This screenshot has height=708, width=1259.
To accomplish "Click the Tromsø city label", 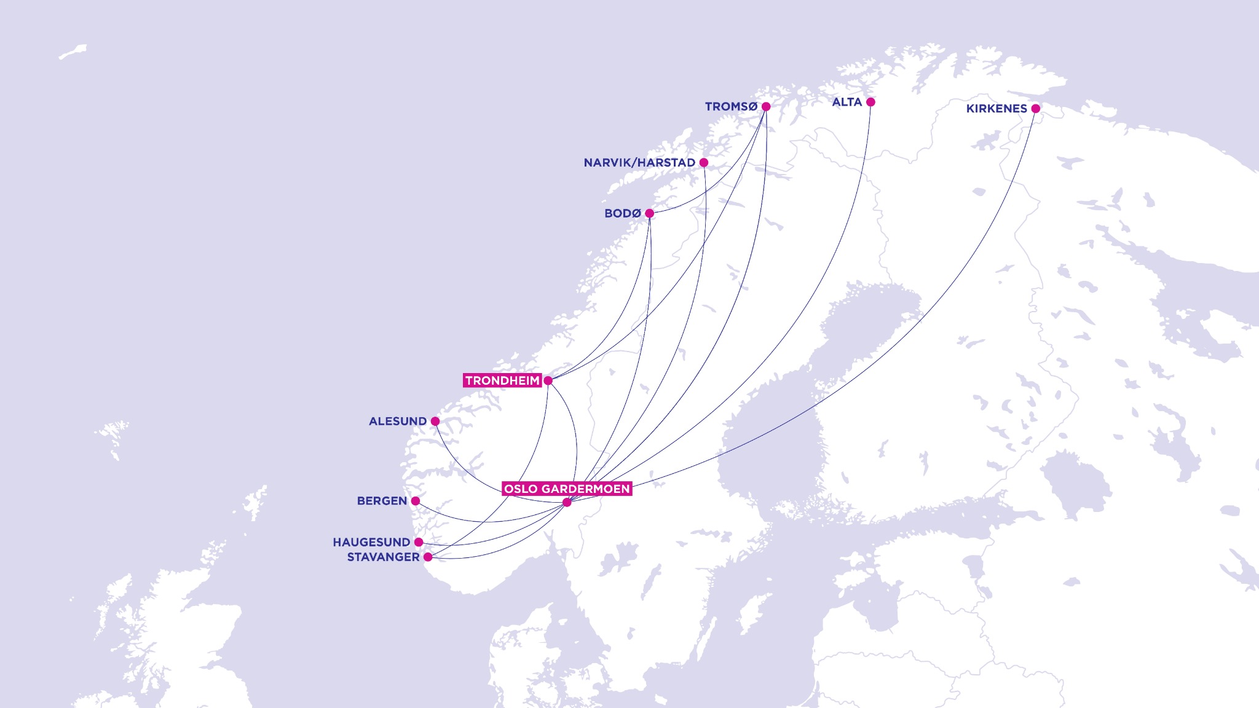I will [731, 107].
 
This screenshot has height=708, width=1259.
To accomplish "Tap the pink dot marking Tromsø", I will [766, 106].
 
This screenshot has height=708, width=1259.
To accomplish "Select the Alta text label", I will [847, 102].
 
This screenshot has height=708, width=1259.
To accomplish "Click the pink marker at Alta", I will [870, 102].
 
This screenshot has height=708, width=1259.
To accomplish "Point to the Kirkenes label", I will [996, 109].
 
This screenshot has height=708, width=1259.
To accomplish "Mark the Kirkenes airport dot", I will [1035, 109].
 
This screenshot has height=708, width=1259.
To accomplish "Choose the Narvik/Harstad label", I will [639, 163].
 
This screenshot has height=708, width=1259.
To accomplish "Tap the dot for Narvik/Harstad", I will [704, 163].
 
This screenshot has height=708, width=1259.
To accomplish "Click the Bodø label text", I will [622, 214].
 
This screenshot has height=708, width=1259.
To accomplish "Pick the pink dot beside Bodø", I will [649, 213].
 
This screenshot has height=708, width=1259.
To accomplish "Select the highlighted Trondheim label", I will [502, 381].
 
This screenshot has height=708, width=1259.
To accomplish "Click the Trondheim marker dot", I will [548, 381].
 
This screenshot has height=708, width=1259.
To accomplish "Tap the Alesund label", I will [397, 422].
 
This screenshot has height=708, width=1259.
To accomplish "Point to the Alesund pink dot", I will [435, 422].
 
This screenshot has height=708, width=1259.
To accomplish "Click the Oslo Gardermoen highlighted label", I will [567, 489].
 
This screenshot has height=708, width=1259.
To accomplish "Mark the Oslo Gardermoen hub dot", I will [567, 503].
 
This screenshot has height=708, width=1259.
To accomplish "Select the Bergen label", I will [382, 502].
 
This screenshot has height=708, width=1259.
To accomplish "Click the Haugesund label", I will [371, 543].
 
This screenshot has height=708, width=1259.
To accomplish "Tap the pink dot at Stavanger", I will [428, 557].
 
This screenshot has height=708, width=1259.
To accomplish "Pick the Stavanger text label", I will [383, 557].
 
